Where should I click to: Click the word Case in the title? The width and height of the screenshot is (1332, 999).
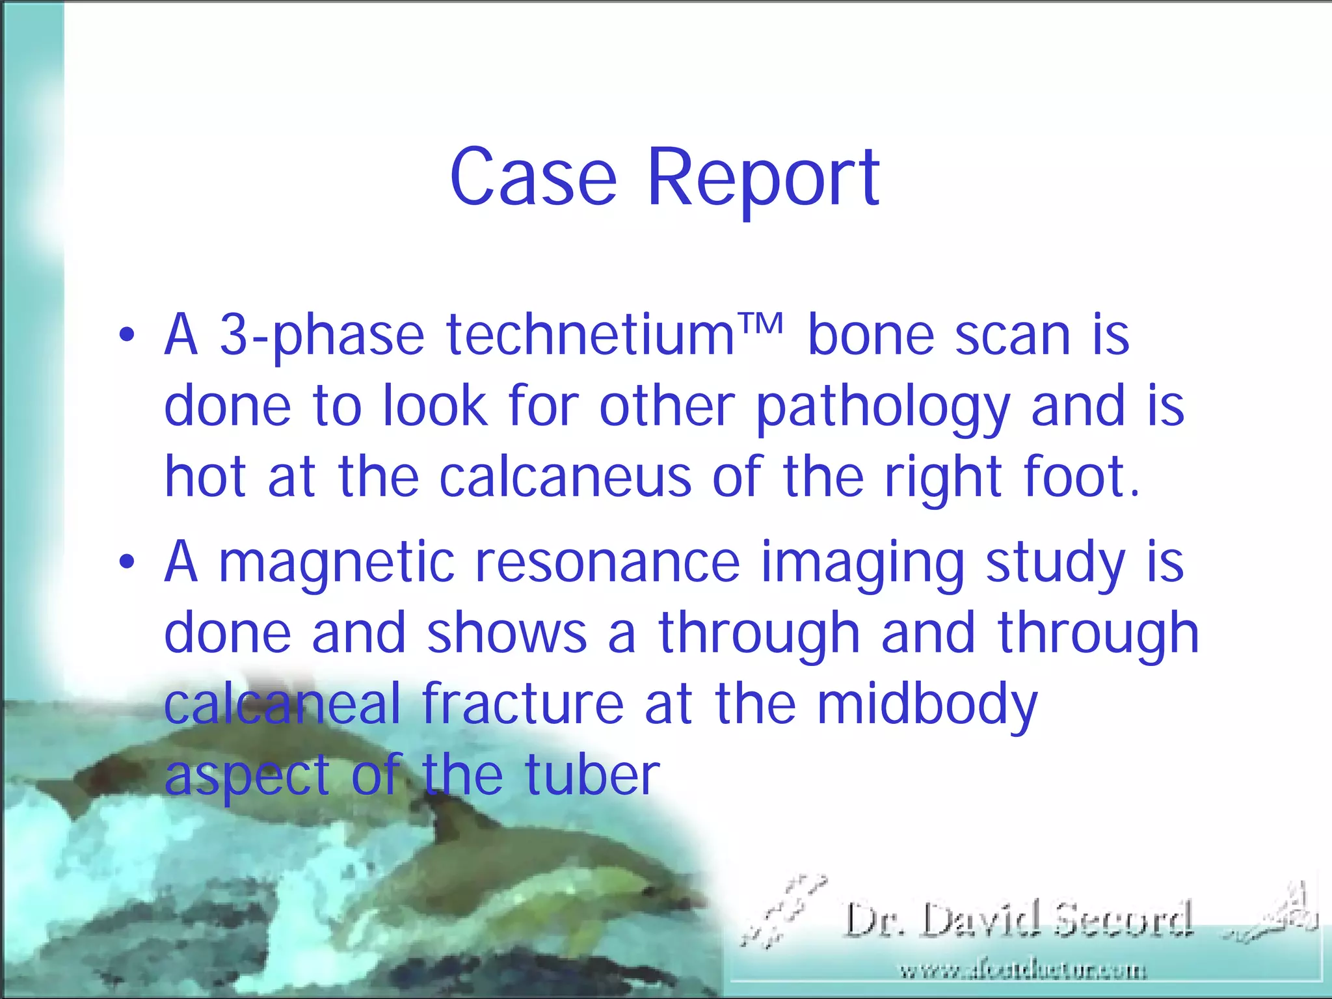[533, 177]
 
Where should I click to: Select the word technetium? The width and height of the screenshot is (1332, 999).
[590, 336]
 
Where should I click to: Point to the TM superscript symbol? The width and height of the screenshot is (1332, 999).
[760, 323]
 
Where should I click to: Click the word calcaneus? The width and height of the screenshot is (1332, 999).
[565, 477]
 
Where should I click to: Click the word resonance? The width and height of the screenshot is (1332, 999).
[607, 562]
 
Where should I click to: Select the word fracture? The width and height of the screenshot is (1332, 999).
[522, 704]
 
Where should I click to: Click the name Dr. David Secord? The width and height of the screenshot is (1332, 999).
[1019, 920]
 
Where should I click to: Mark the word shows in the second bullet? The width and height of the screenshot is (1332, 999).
[507, 633]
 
